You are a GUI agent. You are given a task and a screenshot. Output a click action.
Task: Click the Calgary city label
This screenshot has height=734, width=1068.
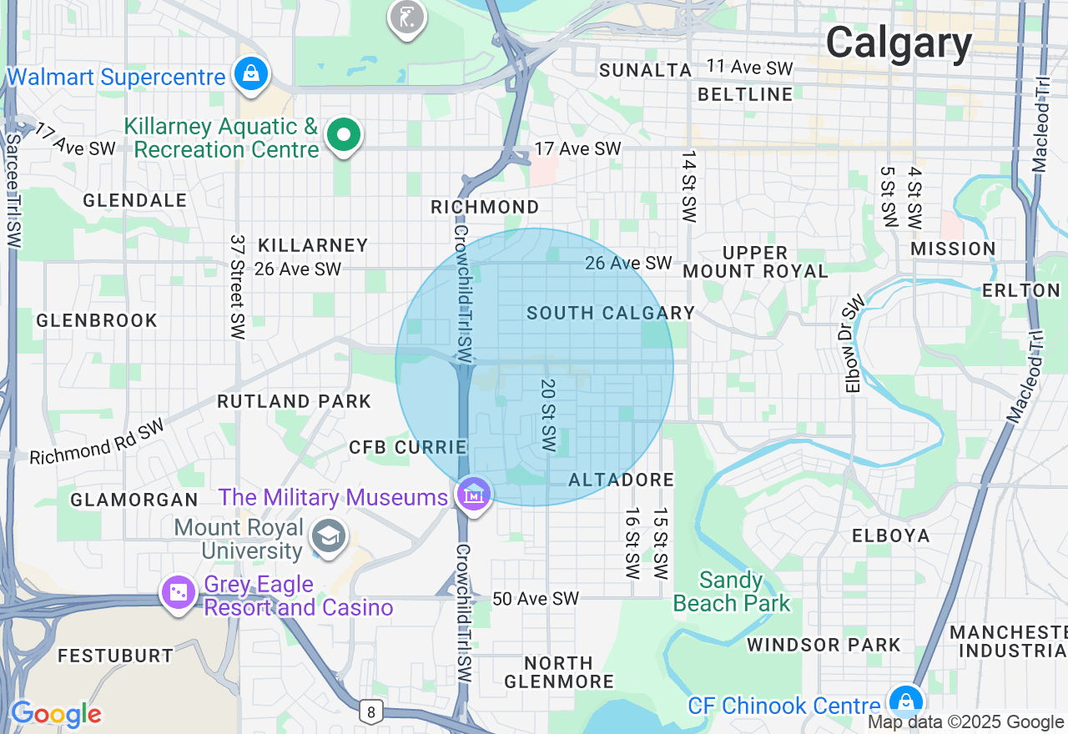coord(899,43)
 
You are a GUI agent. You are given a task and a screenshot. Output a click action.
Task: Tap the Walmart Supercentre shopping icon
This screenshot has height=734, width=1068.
coord(250,74)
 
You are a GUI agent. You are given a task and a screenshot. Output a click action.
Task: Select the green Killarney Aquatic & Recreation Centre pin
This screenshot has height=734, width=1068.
coord(343,135)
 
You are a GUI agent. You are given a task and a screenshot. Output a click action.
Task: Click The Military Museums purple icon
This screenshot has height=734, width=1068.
coord(474,495)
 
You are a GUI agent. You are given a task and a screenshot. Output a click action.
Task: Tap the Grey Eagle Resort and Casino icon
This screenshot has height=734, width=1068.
coord(179,593)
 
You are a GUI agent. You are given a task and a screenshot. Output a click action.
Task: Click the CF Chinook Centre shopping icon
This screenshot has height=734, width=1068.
coord(904,701)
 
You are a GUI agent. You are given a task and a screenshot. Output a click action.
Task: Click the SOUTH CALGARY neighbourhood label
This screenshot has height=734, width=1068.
coord(611,313)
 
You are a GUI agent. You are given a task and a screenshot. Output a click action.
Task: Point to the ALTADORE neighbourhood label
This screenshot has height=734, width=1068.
coord(621,480)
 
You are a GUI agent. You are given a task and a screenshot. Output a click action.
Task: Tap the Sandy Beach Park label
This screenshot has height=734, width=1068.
coord(731,591)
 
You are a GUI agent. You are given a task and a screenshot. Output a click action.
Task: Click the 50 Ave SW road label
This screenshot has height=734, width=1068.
coord(535,599)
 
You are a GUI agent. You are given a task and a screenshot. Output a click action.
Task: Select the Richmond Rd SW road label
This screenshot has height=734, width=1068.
coord(97,442)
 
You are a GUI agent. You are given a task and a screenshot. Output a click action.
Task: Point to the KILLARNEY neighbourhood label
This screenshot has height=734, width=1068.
coord(313,245)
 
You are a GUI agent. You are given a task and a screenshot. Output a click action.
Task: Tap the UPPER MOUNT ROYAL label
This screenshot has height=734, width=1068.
coord(755,262)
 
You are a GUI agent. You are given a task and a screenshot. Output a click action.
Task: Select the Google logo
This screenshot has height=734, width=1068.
coord(56,714)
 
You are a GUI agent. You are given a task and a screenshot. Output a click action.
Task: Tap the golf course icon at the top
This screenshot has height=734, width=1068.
coord(406,16)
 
